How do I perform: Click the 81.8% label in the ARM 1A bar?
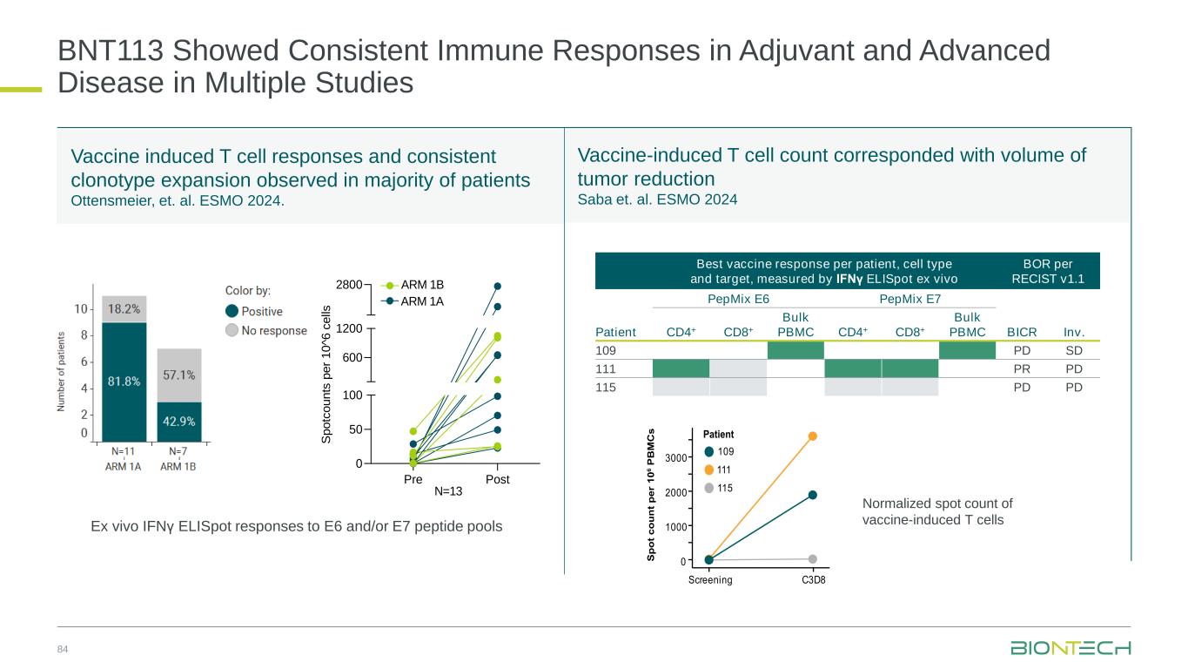pyautogui.click(x=124, y=380)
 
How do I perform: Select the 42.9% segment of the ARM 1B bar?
pyautogui.click(x=178, y=421)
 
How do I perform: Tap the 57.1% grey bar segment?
pyautogui.click(x=178, y=375)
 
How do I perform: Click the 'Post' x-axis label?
pyautogui.click(x=498, y=479)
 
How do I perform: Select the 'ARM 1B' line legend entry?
pyautogui.click(x=422, y=285)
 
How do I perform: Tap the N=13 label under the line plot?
pyautogui.click(x=447, y=491)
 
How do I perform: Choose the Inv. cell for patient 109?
pyautogui.click(x=1072, y=350)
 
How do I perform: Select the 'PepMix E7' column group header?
pyautogui.click(x=909, y=300)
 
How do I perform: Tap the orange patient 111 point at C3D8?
pyautogui.click(x=812, y=436)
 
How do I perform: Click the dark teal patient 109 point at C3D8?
pyautogui.click(x=812, y=495)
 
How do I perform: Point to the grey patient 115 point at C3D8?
pyautogui.click(x=812, y=558)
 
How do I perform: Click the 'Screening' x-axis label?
pyautogui.click(x=710, y=580)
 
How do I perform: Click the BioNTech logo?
pyautogui.click(x=1071, y=648)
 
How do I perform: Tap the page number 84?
pyautogui.click(x=63, y=649)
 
